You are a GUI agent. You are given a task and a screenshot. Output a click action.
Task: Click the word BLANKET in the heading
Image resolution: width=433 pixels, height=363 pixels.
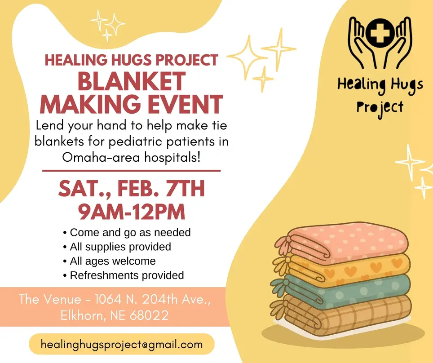pyautogui.click(x=131, y=81)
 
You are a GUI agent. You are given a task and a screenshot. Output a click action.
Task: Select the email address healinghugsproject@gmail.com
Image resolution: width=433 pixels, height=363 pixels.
pyautogui.click(x=121, y=345)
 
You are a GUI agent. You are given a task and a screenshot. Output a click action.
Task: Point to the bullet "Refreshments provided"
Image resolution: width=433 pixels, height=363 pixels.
pyautogui.click(x=127, y=275)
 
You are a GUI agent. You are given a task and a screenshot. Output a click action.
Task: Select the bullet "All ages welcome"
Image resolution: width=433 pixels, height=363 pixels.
pyautogui.click(x=113, y=261)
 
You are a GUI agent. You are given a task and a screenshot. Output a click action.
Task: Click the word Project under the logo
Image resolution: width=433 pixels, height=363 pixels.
pyautogui.click(x=380, y=107)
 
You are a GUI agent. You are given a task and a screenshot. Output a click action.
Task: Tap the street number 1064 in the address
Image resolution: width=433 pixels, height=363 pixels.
pyautogui.click(x=109, y=299)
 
